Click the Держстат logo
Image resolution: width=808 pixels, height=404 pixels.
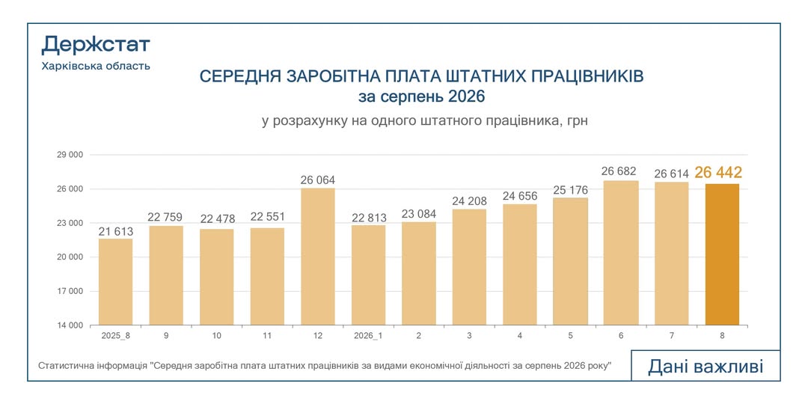pyautogui.click(x=96, y=46)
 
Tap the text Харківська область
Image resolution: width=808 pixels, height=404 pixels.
pyautogui.click(x=96, y=66)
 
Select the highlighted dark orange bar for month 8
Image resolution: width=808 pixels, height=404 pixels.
pyautogui.click(x=722, y=254)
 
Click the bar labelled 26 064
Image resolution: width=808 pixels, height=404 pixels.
pyautogui.click(x=317, y=257)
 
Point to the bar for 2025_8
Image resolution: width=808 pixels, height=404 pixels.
pyautogui.click(x=115, y=282)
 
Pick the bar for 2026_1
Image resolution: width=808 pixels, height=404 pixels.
pyautogui.click(x=368, y=275)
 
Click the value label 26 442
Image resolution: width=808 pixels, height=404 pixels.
pyautogui.click(x=718, y=173)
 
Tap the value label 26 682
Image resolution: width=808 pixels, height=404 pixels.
pyautogui.click(x=619, y=171)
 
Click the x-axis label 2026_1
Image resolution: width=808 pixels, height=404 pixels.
pyautogui.click(x=368, y=335)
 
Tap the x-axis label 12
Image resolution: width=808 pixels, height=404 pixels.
pyautogui.click(x=317, y=335)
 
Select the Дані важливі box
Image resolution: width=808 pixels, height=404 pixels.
pyautogui.click(x=706, y=366)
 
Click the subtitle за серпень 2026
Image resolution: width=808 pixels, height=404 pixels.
pyautogui.click(x=421, y=97)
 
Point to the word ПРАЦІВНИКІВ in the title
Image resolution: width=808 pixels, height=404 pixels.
pyautogui.click(x=587, y=77)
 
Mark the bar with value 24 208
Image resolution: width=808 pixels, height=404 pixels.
pyautogui.click(x=469, y=267)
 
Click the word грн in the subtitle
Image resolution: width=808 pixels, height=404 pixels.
pyautogui.click(x=576, y=122)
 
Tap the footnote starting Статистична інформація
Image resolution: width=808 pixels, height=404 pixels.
pyautogui.click(x=325, y=365)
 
